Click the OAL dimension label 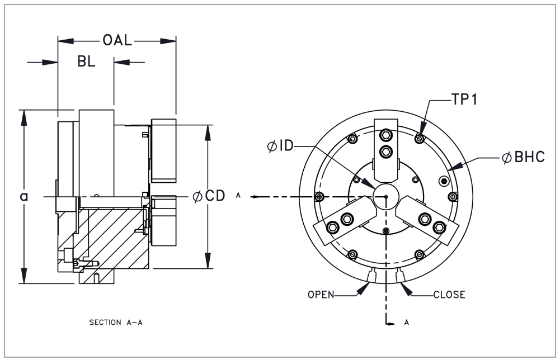click(116, 41)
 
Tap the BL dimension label click(86, 61)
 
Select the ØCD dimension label click(209, 196)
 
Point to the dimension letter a click(23, 196)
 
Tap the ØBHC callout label click(523, 158)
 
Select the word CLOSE click(449, 295)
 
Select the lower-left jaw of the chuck click(341, 221)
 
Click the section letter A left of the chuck click(239, 196)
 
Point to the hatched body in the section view click(112, 235)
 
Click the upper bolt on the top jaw click(386, 135)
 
